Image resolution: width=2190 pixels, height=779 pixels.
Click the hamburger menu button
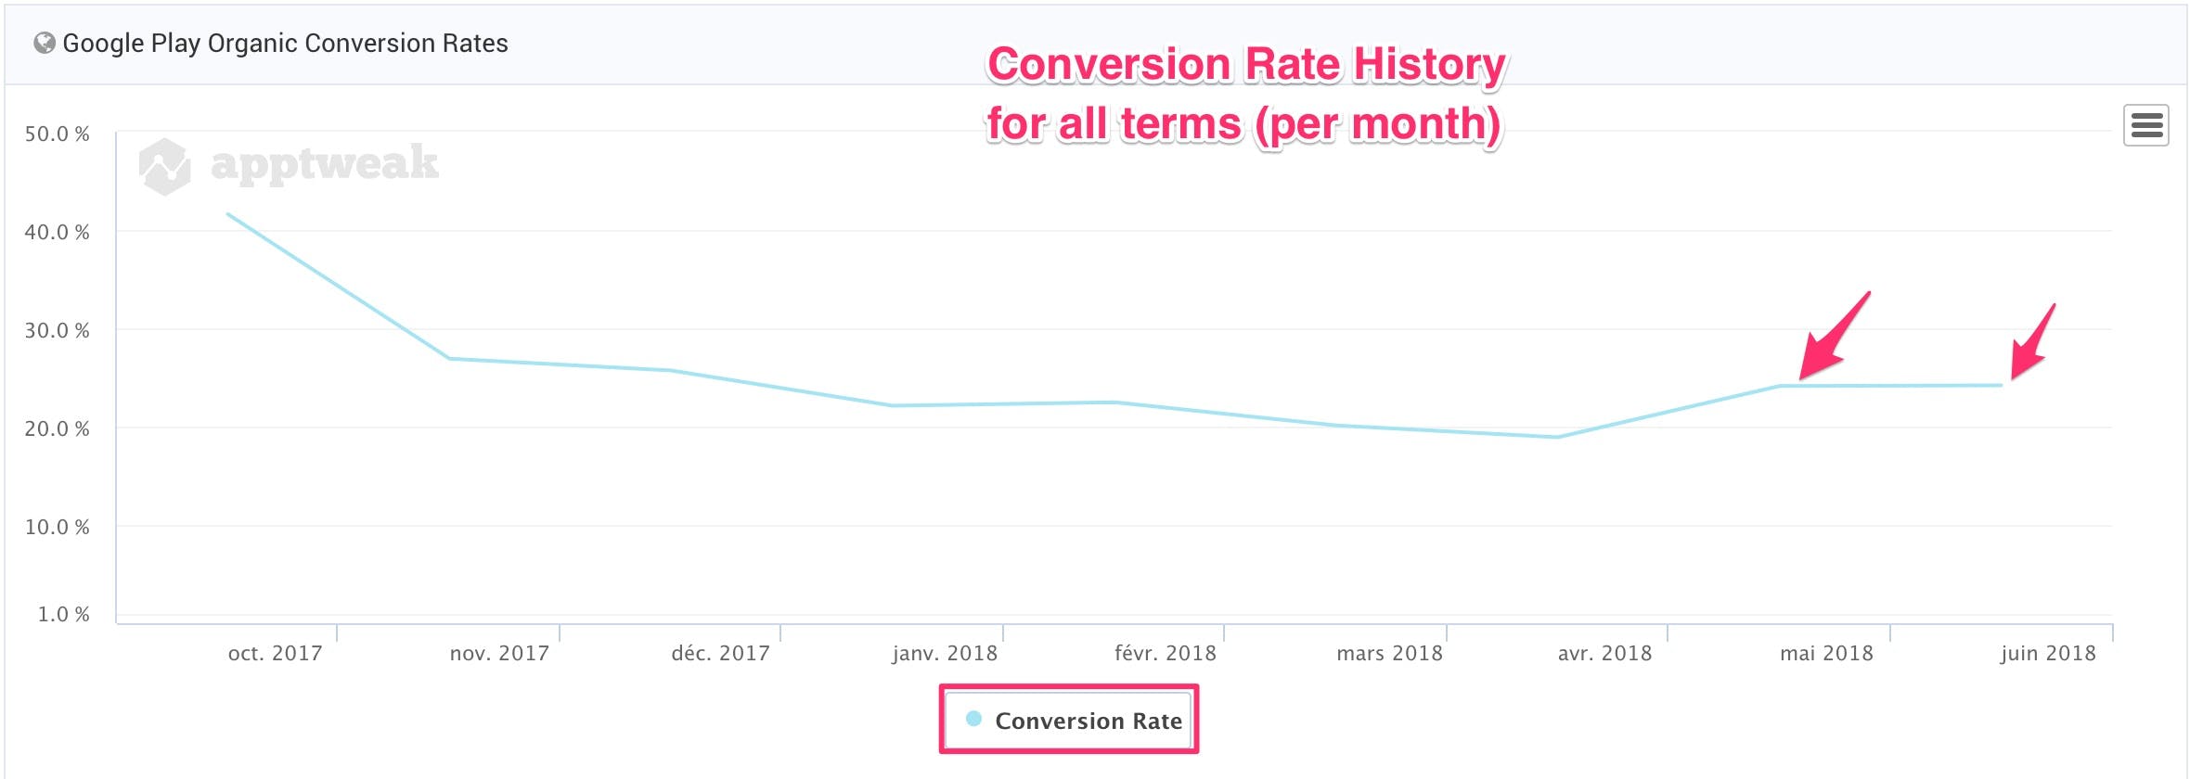click(x=2145, y=125)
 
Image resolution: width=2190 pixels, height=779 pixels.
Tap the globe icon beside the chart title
click(x=44, y=44)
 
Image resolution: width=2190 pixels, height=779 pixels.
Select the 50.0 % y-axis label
click(x=58, y=134)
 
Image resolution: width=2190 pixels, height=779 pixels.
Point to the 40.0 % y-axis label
click(x=58, y=232)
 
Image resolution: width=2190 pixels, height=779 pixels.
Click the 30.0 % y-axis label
click(x=58, y=330)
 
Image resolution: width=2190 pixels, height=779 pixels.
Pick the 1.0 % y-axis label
click(x=64, y=614)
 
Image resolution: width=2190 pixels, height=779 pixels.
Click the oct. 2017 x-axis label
click(x=275, y=654)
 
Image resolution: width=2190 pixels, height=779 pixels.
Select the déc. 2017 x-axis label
click(x=720, y=654)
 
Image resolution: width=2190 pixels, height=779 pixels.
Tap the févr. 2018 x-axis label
click(x=1165, y=654)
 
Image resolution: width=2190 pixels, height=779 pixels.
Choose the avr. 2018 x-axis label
click(x=1604, y=654)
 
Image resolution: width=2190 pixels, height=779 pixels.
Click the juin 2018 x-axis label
click(x=2048, y=654)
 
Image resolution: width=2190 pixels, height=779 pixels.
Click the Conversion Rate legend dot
click(x=973, y=719)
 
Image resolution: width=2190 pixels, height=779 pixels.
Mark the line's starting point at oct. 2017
click(x=228, y=214)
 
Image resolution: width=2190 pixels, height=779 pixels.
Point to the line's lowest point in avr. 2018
click(x=1557, y=437)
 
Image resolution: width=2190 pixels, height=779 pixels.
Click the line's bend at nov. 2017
click(x=449, y=358)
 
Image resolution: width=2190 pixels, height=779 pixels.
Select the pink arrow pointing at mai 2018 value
click(x=1833, y=338)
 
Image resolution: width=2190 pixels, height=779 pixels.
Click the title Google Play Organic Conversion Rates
click(x=285, y=44)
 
